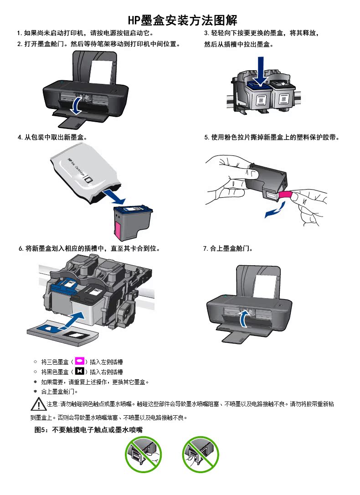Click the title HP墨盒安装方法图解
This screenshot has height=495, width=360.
pos(182,20)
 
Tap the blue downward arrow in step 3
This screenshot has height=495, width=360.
pos(260,71)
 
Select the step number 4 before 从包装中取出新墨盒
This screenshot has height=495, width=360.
pos(20,137)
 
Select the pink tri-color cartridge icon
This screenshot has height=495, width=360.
pos(79,361)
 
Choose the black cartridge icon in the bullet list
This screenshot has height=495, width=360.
pos(78,371)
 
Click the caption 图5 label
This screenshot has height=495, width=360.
pos(43,430)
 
